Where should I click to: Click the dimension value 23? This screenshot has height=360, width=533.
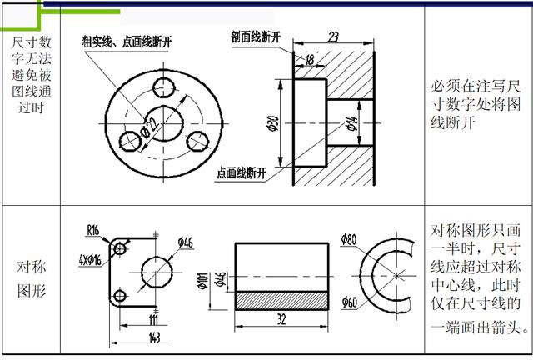pos(333,37)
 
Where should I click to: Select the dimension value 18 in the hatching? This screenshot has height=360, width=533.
pos(310,60)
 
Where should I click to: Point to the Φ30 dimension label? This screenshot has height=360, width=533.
pos(273,124)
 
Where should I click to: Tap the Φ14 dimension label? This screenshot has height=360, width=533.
pos(351,124)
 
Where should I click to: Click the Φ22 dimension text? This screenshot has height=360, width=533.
pos(151,129)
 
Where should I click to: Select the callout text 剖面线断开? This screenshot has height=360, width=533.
pos(256,37)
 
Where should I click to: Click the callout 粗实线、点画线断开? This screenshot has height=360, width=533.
pos(127,42)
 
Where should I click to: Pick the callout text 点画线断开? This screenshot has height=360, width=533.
pos(242,173)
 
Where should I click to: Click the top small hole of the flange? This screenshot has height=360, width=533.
pos(164,87)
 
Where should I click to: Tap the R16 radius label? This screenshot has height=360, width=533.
pos(92,230)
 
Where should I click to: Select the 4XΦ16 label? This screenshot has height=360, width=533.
pos(90,261)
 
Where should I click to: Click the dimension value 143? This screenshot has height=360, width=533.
pos(154,337)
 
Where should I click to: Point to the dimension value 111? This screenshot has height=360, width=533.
pos(153,320)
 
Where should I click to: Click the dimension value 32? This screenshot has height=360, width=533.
pos(281,319)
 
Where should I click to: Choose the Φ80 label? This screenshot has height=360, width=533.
pos(349,239)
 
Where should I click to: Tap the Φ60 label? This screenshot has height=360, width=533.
pos(350,302)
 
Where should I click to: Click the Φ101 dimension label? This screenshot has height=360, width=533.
pos(202,281)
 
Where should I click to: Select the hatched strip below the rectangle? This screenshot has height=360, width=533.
pos(281,301)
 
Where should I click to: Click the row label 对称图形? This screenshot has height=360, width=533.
pos(32,279)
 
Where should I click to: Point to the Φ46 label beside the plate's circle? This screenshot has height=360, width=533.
pos(185,242)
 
